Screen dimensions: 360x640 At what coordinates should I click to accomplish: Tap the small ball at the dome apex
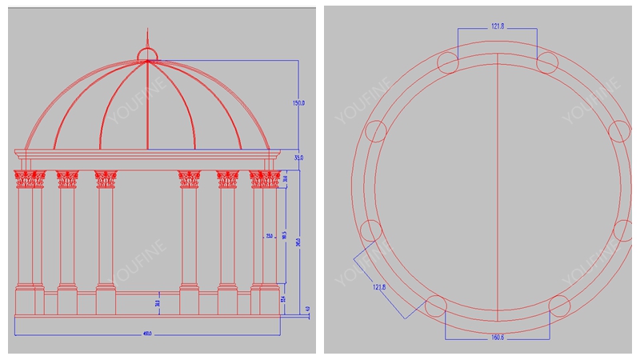tap(147, 54)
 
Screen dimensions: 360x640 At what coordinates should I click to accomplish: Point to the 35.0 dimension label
tap(299, 158)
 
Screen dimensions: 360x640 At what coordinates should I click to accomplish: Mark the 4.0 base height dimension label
tap(307, 309)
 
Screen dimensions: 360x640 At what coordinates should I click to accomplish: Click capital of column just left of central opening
tap(106, 179)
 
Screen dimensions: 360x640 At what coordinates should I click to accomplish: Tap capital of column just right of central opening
tap(189, 179)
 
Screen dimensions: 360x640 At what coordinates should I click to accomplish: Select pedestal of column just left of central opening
tap(106, 300)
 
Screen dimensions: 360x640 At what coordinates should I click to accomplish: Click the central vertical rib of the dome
tap(147, 104)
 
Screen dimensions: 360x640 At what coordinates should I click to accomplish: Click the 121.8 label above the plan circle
tap(498, 26)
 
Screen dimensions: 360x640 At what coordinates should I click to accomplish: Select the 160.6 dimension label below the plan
tap(497, 338)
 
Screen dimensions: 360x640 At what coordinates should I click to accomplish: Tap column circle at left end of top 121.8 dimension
tap(448, 62)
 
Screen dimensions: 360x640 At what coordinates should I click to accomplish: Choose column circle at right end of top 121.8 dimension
tap(547, 62)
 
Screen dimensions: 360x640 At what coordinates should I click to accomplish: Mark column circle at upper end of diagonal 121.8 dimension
tap(370, 230)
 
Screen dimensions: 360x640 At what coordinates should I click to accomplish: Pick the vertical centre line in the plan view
tap(498, 184)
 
